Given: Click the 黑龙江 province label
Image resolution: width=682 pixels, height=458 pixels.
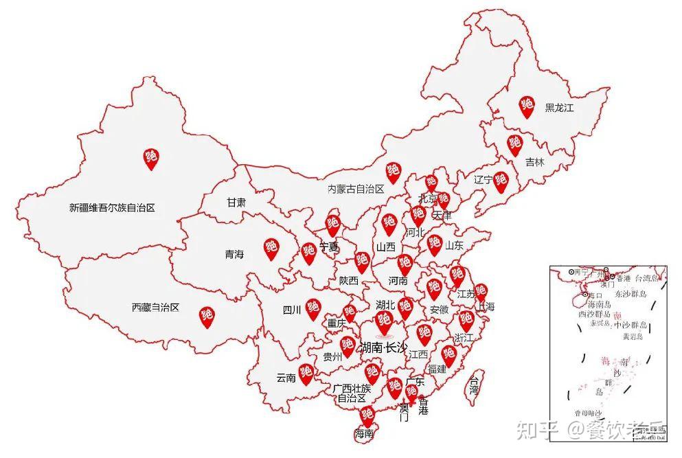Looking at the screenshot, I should pyautogui.click(x=559, y=108).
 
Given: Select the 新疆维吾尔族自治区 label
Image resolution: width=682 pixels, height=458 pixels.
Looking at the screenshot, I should pyautogui.click(x=113, y=207).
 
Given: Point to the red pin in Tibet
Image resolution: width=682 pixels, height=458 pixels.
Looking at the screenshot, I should pyautogui.click(x=206, y=316).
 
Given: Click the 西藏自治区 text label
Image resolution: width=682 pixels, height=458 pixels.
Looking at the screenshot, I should pyautogui.click(x=155, y=308).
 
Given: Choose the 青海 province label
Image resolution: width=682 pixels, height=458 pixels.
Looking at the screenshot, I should pyautogui.click(x=234, y=254).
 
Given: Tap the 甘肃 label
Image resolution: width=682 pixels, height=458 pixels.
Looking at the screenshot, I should pyautogui.click(x=236, y=203).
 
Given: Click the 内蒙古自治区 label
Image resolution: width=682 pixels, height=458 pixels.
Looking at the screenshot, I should pyautogui.click(x=355, y=189).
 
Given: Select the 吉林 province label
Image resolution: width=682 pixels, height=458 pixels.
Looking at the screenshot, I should pyautogui.click(x=534, y=163).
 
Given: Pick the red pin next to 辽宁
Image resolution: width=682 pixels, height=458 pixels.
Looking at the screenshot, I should pyautogui.click(x=501, y=181).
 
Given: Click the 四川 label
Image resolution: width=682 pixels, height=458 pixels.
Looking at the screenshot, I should pyautogui.click(x=292, y=310).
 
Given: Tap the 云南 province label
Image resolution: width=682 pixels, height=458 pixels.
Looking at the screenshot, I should pyautogui.click(x=286, y=378).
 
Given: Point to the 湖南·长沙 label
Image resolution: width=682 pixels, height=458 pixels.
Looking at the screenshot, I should pyautogui.click(x=384, y=347).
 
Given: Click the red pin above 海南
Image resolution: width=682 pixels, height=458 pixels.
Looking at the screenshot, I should pyautogui.click(x=367, y=415).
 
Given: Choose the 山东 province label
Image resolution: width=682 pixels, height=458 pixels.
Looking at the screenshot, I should pyautogui.click(x=454, y=245).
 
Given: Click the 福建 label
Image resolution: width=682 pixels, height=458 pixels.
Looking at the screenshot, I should pyautogui.click(x=437, y=369).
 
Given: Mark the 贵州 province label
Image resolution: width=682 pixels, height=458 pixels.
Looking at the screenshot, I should pyautogui.click(x=332, y=356).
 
